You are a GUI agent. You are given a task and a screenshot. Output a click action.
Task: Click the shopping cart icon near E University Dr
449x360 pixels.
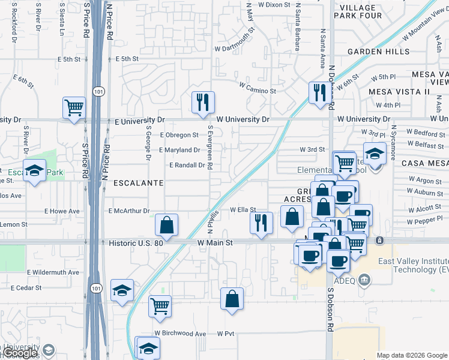74,109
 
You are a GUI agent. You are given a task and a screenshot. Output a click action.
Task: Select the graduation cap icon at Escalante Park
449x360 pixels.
34,171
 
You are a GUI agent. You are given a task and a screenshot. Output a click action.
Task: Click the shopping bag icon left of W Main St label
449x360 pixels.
166,225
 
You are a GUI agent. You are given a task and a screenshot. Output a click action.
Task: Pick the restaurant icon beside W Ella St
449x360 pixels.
261,223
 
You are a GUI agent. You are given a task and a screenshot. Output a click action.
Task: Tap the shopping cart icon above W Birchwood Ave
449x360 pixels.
160,306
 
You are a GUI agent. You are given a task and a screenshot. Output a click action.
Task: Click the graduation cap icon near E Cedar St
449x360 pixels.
122,290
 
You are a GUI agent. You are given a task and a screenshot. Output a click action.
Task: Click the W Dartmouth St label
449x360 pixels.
235,48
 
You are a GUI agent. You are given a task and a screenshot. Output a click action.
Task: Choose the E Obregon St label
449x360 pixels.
179,135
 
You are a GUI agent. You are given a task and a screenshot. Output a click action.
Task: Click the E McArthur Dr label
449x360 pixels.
129,211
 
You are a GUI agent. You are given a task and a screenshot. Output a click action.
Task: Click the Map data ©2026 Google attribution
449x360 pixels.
412,355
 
